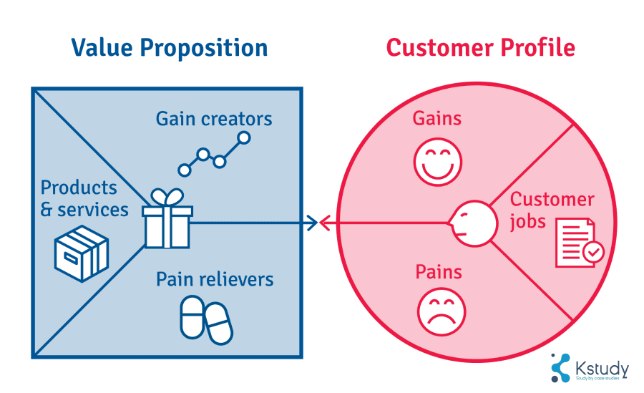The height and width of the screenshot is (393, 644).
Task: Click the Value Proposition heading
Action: click(170, 48)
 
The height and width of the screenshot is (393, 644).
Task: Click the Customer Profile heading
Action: click(480, 48)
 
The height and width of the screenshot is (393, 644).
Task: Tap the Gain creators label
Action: click(214, 118)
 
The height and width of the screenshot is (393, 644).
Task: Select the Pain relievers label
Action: click(215, 278)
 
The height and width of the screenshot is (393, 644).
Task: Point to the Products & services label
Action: click(84, 198)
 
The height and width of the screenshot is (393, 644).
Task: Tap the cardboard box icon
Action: click(82, 251)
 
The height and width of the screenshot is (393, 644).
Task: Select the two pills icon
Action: click(206, 319)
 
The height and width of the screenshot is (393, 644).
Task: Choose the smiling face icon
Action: click(437, 159)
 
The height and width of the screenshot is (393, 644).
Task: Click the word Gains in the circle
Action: click(437, 118)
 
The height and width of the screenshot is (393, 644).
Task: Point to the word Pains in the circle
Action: click(439, 272)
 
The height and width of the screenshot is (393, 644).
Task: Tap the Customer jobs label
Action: click(550, 210)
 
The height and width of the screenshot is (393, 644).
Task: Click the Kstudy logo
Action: click(590, 367)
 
